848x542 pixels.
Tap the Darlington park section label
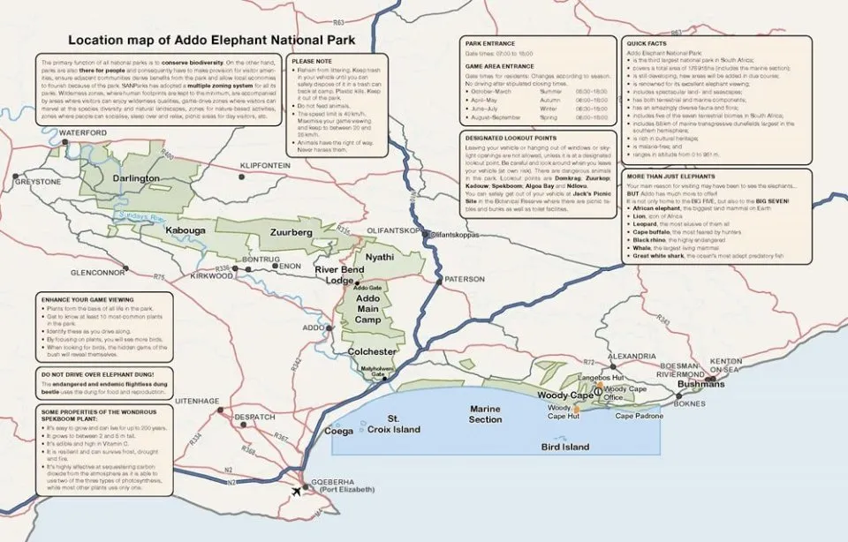(136, 178)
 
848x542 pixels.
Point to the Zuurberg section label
(291, 232)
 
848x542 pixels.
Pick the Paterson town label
(465, 279)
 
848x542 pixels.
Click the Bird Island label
(564, 448)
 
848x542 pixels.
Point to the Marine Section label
(485, 414)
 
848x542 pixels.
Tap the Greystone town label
(37, 182)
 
